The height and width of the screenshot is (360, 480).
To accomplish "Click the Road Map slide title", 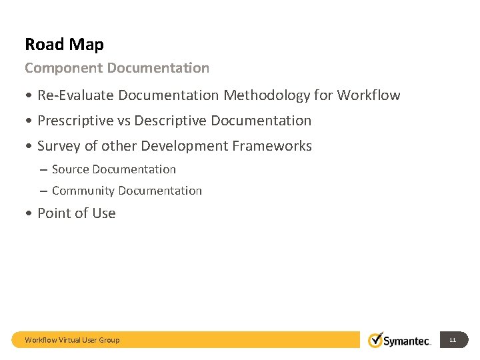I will (x=64, y=45).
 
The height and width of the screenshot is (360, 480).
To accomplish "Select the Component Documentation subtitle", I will (x=117, y=68).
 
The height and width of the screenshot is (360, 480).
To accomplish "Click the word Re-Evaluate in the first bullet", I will (x=76, y=95).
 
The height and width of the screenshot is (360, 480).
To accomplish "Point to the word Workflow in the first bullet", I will (x=368, y=95).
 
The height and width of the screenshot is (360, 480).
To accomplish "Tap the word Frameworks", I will (x=275, y=146).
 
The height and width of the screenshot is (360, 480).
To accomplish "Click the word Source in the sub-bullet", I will (x=70, y=169).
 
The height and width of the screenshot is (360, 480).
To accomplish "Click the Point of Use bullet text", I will (x=77, y=213).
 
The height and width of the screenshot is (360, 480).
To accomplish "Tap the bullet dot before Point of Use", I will (x=29, y=214).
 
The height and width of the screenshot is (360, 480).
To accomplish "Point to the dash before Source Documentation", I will (x=43, y=170).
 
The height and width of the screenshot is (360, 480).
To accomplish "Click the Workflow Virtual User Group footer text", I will (x=72, y=340).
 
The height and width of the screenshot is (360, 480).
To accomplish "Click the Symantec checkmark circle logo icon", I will (x=376, y=339).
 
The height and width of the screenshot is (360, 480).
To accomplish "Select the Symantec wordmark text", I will (x=407, y=341).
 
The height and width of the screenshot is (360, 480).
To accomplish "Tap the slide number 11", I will (x=453, y=340).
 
